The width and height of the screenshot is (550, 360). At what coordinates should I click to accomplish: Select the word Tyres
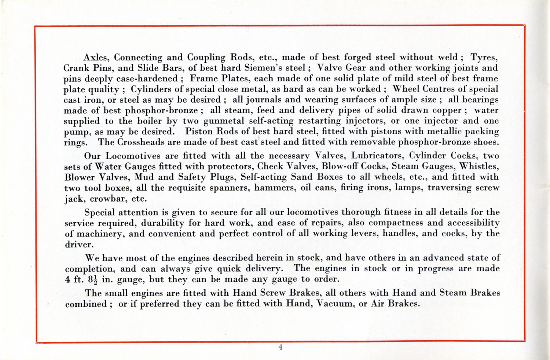[484, 58]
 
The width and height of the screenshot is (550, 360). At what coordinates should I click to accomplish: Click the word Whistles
[478, 166]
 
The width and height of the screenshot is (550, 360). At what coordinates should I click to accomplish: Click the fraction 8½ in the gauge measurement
[93, 279]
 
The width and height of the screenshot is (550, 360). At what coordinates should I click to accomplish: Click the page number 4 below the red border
[280, 348]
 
